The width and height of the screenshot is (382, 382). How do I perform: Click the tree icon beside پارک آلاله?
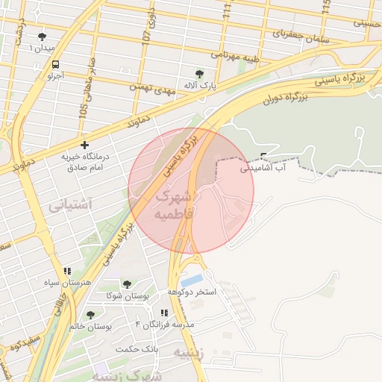coord(199,74)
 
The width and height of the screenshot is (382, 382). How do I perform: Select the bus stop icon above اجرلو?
coord(56,64)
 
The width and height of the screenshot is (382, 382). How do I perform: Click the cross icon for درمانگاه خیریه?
coord(85,145)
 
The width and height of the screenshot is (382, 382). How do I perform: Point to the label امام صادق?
coord(84,169)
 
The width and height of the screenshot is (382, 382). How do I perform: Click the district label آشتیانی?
coord(69,203)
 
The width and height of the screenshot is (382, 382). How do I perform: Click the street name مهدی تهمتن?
coord(162,87)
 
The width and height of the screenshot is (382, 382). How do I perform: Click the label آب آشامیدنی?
coord(264,169)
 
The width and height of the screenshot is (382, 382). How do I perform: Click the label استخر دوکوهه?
coord(192,292)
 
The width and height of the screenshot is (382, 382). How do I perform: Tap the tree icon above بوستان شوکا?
coord(127,284)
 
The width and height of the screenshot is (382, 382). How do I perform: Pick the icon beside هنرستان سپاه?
coord(67,272)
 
